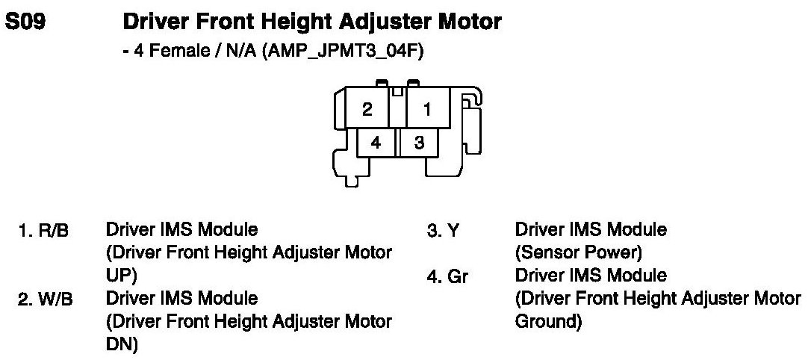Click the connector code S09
pyautogui.click(x=26, y=23)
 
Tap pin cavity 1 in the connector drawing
pyautogui.click(x=427, y=110)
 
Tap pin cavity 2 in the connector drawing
pyautogui.click(x=367, y=110)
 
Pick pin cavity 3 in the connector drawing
pyautogui.click(x=420, y=142)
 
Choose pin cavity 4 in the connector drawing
pyautogui.click(x=376, y=142)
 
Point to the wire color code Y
pyautogui.click(x=453, y=231)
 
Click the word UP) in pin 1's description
pyautogui.click(x=121, y=275)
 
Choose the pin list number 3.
pyautogui.click(x=432, y=231)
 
